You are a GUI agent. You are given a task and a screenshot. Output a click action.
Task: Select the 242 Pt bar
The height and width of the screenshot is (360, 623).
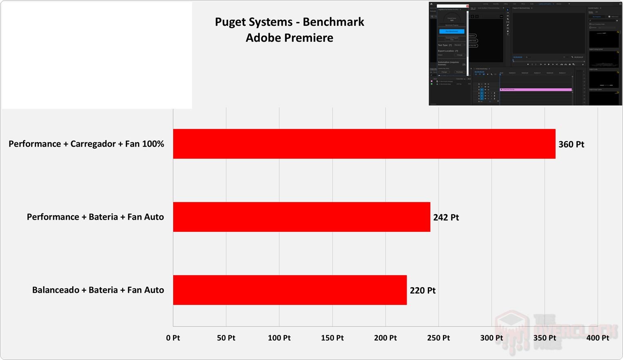click(x=302, y=217)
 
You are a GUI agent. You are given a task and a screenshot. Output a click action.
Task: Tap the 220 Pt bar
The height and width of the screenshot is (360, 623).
click(x=290, y=290)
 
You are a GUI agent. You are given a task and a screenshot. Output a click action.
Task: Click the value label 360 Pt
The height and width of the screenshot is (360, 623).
click(x=571, y=144)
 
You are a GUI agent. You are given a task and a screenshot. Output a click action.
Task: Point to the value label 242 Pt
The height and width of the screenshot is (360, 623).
click(x=446, y=217)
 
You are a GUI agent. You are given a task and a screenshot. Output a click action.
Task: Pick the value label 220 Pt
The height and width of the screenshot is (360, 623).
click(x=423, y=290)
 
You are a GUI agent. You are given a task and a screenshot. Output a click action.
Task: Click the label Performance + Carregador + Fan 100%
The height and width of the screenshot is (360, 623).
click(x=86, y=144)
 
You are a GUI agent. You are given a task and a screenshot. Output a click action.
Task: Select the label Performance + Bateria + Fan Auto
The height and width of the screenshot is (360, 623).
click(x=95, y=217)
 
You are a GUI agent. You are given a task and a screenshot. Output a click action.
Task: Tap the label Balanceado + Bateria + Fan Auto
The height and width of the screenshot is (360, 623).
click(x=98, y=290)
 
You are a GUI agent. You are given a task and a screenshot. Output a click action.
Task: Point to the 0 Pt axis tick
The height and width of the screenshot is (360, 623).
click(x=173, y=338)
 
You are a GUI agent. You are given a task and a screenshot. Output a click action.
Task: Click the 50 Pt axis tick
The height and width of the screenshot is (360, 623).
click(x=226, y=338)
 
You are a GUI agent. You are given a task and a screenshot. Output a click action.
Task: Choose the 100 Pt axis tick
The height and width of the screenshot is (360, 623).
click(x=279, y=338)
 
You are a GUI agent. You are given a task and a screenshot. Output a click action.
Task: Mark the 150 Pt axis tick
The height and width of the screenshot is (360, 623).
click(x=332, y=338)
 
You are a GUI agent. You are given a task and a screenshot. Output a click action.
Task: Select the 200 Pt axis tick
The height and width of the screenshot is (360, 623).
click(x=385, y=338)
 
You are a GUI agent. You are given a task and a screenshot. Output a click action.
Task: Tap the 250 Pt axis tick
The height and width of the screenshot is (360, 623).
click(x=438, y=338)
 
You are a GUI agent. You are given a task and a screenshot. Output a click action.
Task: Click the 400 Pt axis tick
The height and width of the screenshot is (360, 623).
click(x=598, y=338)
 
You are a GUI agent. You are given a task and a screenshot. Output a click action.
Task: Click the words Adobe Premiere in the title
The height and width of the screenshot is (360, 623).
click(x=289, y=38)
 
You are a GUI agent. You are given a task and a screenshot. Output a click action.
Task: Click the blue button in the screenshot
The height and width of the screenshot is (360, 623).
click(x=452, y=31)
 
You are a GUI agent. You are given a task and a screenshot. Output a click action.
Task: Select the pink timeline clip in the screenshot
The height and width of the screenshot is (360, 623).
click(x=536, y=89)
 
